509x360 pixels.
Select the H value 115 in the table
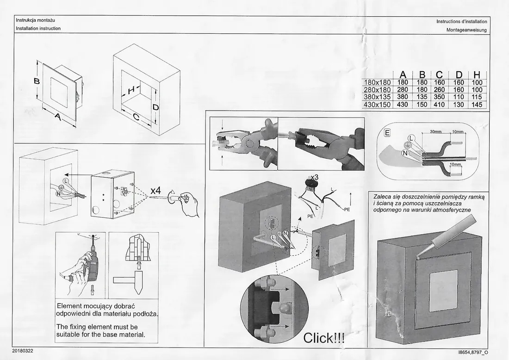click(477, 97)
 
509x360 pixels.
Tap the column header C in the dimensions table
click(439, 74)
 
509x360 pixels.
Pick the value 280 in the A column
click(402, 90)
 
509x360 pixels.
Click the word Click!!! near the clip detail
click(324, 338)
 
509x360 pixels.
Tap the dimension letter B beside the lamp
click(37, 81)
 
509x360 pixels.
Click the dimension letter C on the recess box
click(136, 118)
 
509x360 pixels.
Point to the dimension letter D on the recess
click(156, 107)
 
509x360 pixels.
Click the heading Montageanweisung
click(466, 30)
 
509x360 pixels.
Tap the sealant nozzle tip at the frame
click(417, 256)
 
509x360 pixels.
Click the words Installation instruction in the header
click(38, 28)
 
